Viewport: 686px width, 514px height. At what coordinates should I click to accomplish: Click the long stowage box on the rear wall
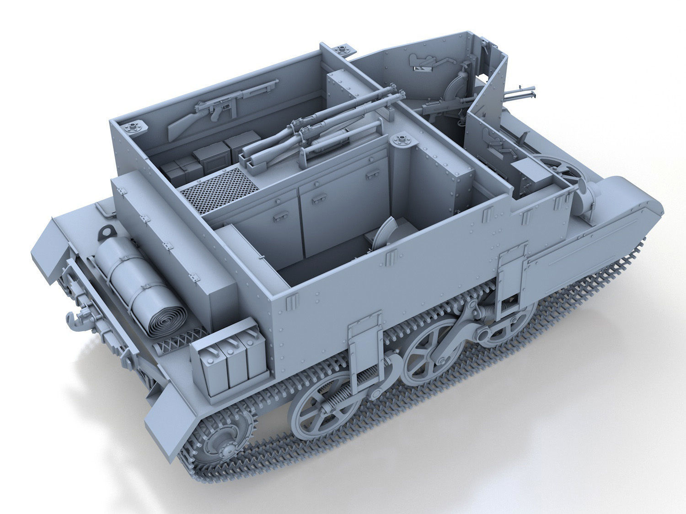point(174,228)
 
